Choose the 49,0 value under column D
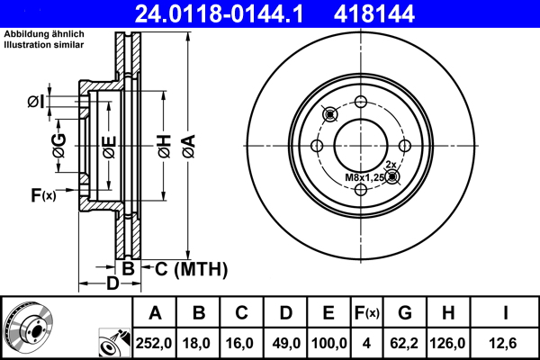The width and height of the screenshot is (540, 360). coord(286,342)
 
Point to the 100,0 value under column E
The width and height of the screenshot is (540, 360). coord(329,342)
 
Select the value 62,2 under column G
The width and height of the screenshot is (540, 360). coord(406,342)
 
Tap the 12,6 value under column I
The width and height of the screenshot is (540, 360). coord(506,342)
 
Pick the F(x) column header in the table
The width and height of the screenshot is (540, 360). coord(366,313)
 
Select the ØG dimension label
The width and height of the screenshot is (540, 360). coord(58,147)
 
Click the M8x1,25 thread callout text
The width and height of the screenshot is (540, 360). coord(364,177)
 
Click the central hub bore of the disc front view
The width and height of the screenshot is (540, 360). coord(361,145)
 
